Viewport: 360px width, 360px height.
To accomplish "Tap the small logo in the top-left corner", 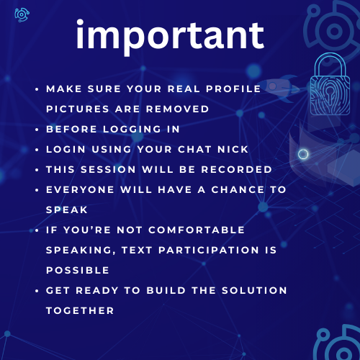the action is pos(22,15).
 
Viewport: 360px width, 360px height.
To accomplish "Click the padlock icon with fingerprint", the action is pos(330,84).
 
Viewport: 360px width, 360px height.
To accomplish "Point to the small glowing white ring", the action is pos(303,154).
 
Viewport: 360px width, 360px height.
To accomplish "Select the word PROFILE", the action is pos(233,89).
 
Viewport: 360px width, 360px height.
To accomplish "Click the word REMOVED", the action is pos(178,109).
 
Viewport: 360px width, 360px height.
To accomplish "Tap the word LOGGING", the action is pos(132,129).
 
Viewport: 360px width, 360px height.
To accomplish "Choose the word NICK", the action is pos(233,149).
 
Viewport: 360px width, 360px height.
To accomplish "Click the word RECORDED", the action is pos(236,169).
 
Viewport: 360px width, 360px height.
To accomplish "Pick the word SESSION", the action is pos(108,169).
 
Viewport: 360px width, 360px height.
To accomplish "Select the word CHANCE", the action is pos(238,189).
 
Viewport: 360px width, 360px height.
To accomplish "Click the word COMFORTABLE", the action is pos(197,230).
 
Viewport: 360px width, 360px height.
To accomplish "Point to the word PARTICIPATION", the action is pos(209,250).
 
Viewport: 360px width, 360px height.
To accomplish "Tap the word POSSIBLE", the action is pos(78,270).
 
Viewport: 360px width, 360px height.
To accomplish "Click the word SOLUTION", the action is pos(254,290).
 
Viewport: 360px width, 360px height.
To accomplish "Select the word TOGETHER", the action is pos(80,310).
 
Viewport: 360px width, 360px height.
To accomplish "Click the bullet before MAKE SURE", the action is pos(37,89).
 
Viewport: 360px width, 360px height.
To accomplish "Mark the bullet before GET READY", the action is pos(37,291).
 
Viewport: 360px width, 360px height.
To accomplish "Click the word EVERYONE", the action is pos(80,189).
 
